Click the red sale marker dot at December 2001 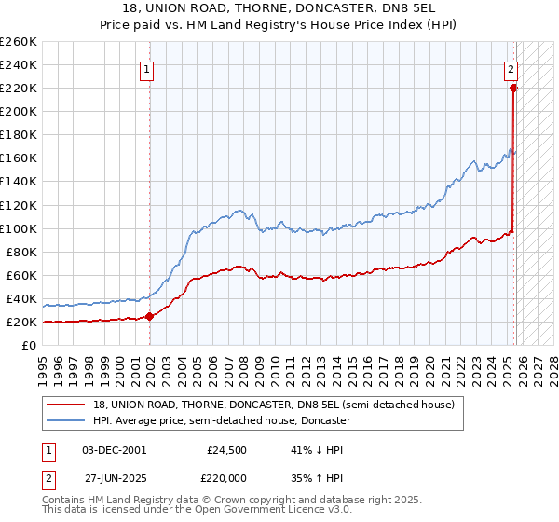[150, 316]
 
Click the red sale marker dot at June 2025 [513, 88]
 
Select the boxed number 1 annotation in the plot [147, 67]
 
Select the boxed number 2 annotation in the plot [511, 67]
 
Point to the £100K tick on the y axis [18, 228]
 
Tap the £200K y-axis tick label [18, 111]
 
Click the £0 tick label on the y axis [28, 345]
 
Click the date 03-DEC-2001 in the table [114, 449]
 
